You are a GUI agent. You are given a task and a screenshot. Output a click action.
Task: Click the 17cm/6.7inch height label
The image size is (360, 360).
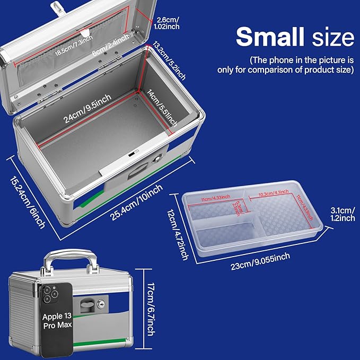(x=150, y=309)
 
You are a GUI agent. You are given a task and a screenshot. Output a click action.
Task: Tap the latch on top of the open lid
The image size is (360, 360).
(x=55, y=7)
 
